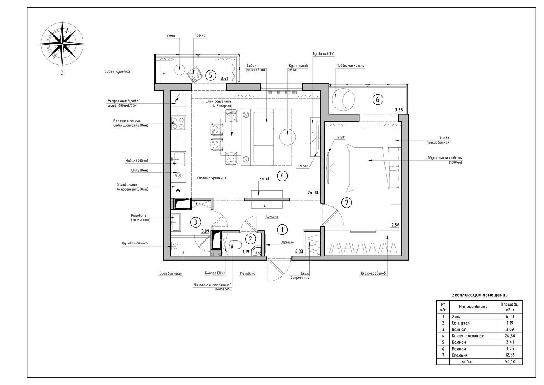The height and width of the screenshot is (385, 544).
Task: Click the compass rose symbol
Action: click(x=62, y=44)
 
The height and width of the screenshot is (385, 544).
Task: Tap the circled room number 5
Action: click(x=211, y=75)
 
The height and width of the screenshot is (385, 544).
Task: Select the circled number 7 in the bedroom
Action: click(x=346, y=203)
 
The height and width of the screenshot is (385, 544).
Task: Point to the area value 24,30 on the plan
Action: click(x=313, y=192)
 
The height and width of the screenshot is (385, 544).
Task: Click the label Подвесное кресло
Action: click(x=350, y=65)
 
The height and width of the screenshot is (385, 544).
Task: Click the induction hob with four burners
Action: click(x=178, y=123)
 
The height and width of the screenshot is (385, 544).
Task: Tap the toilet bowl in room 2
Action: click(x=235, y=245)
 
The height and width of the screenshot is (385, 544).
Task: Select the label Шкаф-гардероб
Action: click(x=373, y=273)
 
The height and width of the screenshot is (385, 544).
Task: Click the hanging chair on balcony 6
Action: click(x=343, y=99)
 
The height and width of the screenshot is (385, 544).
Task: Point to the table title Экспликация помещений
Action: click(x=480, y=295)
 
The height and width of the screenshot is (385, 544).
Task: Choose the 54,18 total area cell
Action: click(x=510, y=362)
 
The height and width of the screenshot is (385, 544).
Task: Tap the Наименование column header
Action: click(x=473, y=307)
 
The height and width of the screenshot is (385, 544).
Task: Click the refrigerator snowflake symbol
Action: click(x=178, y=190)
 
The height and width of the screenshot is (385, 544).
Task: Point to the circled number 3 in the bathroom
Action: click(x=196, y=222)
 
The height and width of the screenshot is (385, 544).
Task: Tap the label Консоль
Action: click(x=272, y=216)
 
